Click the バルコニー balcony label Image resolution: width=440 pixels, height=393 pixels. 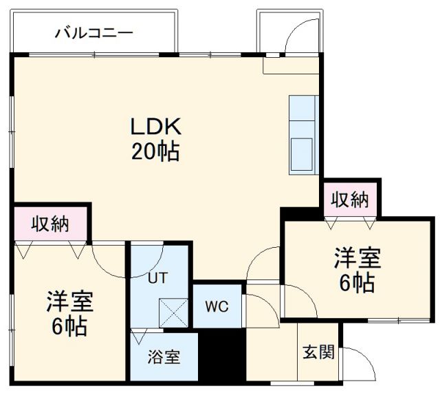pos(93,32)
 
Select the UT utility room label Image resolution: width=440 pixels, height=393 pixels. pos(157,279)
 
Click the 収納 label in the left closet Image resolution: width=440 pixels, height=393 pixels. pos(50,224)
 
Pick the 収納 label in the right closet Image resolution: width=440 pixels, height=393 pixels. pos(350,200)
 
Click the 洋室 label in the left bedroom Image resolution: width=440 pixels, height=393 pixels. pos(69,301)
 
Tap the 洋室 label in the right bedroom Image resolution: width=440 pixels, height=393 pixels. pos(357,259)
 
